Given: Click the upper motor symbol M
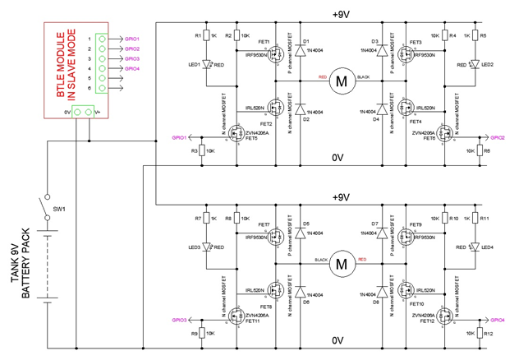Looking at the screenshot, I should click(x=340, y=81).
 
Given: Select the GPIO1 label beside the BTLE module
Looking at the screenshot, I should click(x=132, y=39).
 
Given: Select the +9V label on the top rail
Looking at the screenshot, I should click(x=341, y=15).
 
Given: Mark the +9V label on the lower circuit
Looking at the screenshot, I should click(x=341, y=197).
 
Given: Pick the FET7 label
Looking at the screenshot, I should click(x=264, y=224).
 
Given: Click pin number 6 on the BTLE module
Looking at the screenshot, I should click(x=89, y=88).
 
